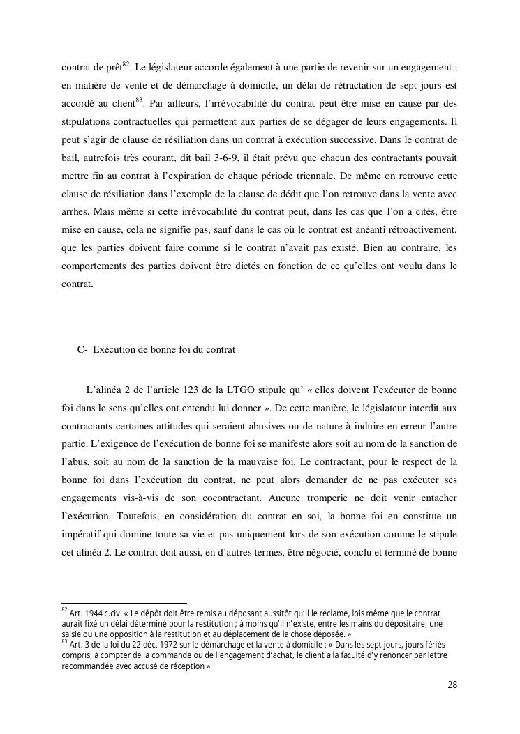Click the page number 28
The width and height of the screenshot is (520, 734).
coord(452,685)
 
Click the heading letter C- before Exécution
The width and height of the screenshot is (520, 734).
coord(82,350)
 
